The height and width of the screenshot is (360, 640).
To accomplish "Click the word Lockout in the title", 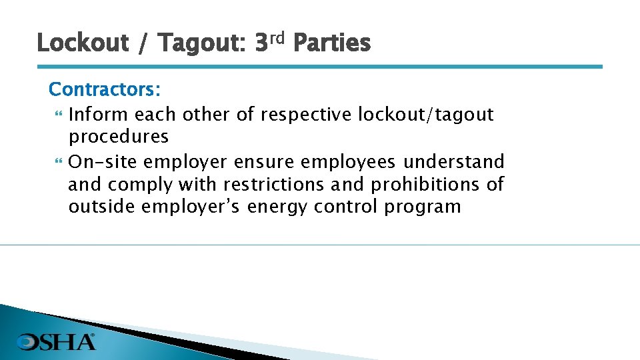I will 83,43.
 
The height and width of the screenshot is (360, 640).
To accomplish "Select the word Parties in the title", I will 331,43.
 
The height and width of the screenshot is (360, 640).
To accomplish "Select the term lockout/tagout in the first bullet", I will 426,115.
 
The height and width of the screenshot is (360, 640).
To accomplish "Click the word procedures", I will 118,137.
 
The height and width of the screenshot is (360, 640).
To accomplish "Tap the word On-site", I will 103,161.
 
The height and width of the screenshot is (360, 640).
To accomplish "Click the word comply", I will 141,183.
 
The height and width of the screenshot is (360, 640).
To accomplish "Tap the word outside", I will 101,206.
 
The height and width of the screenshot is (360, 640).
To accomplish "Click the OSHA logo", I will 57,342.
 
